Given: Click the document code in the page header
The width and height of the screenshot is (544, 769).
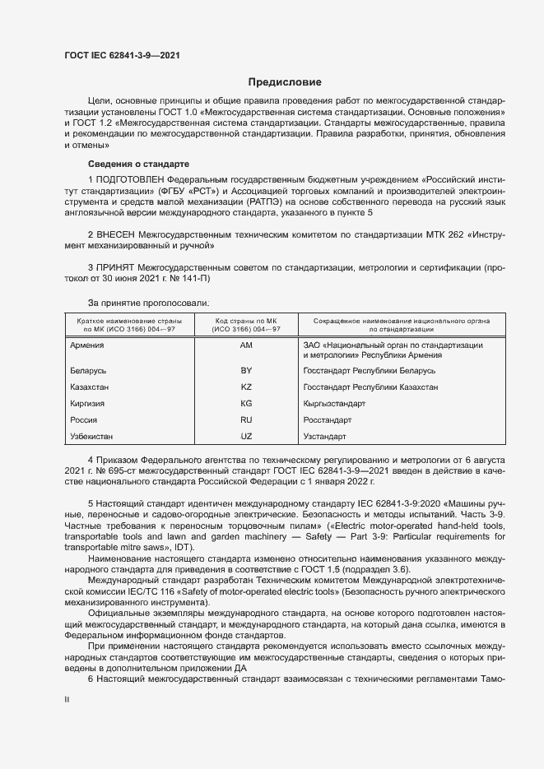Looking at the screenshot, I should pos(122,56).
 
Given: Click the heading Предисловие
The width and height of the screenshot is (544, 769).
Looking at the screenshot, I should pos(285,82).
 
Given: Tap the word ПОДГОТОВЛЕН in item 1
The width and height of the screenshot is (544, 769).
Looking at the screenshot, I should pos(130,179).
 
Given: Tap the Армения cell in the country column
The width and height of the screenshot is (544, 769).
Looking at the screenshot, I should pos(87,345).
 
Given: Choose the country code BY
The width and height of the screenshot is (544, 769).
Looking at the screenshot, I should pos(245,371).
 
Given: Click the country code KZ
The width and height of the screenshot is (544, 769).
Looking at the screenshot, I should pos(245,387).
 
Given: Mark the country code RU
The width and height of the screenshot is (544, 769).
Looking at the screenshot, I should pos(245,419).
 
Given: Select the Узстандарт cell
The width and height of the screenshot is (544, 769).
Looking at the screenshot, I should pos(325,435).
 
